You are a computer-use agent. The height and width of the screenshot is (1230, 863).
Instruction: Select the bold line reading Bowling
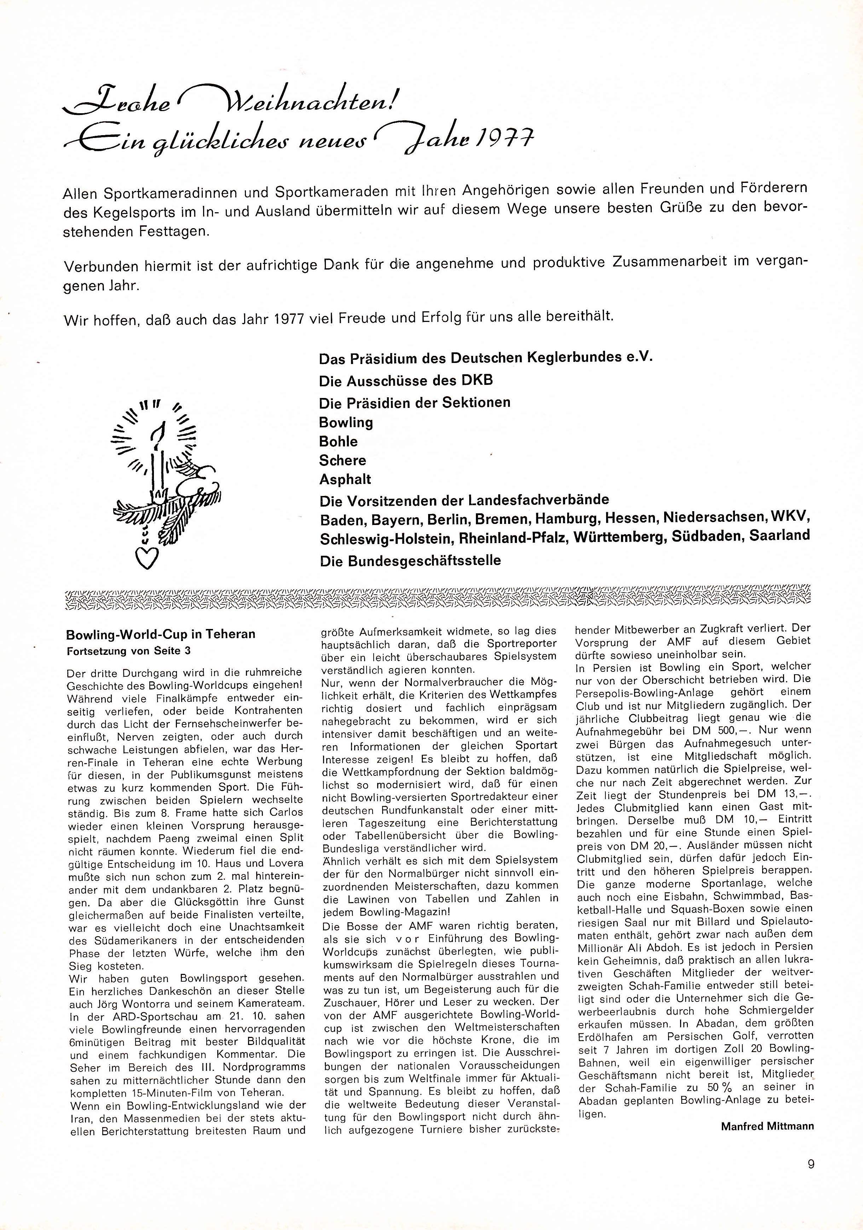click(346, 423)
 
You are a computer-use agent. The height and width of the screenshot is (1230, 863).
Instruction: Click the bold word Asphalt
click(345, 479)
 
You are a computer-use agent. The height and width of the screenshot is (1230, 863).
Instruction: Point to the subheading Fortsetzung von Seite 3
click(128, 651)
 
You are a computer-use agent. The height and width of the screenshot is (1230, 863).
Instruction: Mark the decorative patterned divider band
click(437, 600)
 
